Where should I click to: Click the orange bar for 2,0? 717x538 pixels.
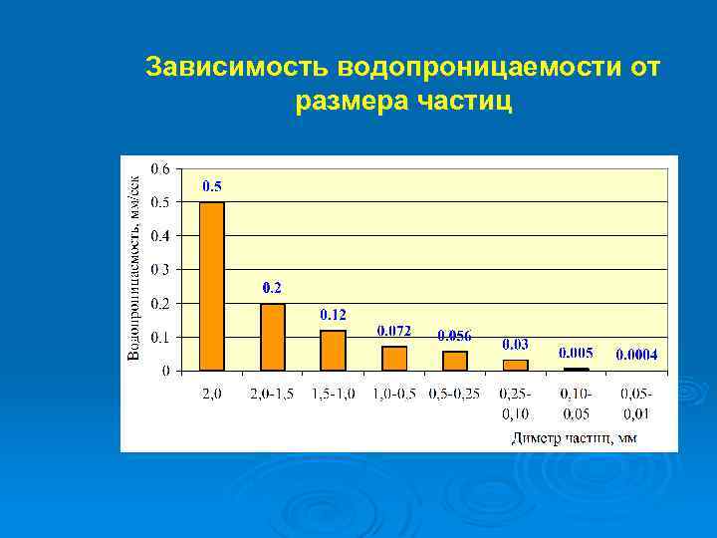[212, 286]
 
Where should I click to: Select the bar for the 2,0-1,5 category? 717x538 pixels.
[272, 337]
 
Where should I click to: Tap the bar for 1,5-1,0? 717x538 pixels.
[333, 350]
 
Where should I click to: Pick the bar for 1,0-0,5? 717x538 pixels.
[394, 358]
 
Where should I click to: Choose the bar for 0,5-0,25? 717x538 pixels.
[455, 361]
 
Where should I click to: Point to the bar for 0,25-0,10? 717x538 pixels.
[515, 365]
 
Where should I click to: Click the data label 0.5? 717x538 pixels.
[212, 186]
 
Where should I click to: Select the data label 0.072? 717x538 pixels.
[394, 330]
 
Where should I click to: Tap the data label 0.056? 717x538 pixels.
[455, 336]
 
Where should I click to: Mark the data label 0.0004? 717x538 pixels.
[636, 354]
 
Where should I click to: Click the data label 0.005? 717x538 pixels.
[576, 353]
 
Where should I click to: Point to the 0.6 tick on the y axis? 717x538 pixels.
[159, 168]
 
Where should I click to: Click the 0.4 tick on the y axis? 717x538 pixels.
[159, 235]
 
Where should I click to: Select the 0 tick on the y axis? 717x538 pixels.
[165, 370]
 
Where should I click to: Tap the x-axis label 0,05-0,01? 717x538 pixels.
[636, 403]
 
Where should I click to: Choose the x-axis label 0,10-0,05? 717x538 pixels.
[576, 403]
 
